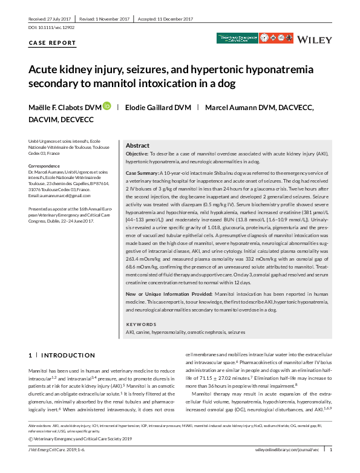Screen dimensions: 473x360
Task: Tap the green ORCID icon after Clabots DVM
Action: point(107,107)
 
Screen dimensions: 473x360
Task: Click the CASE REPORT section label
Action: point(53,44)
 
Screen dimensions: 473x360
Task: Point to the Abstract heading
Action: point(137,146)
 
